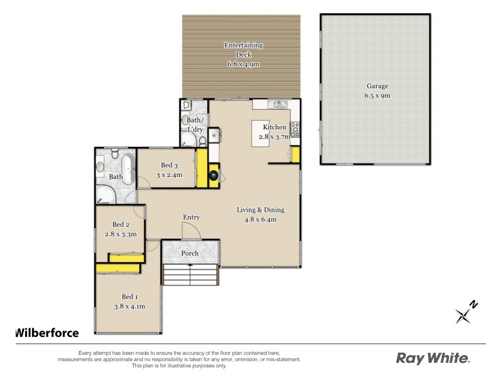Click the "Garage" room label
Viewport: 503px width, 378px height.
pyautogui.click(x=378, y=86)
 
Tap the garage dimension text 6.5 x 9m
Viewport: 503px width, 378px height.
pyautogui.click(x=378, y=96)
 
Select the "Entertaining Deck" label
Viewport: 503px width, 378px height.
pyautogui.click(x=244, y=50)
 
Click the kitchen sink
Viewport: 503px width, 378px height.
pyautogui.click(x=279, y=104)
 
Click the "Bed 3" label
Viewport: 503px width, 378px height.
pyautogui.click(x=169, y=166)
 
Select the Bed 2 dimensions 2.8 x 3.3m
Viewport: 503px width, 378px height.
pyautogui.click(x=120, y=234)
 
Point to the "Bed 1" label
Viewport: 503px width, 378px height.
pyautogui.click(x=130, y=297)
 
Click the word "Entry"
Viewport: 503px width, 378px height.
pyautogui.click(x=191, y=217)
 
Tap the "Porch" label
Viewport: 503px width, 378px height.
pyautogui.click(x=190, y=253)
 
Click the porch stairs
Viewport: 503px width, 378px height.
pyautogui.click(x=191, y=275)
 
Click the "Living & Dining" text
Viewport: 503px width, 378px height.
pyautogui.click(x=261, y=210)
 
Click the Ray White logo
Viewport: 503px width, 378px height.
pyautogui.click(x=433, y=358)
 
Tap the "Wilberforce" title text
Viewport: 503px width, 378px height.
pyautogui.click(x=47, y=333)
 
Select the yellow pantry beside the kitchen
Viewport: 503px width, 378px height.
pyautogui.click(x=294, y=155)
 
